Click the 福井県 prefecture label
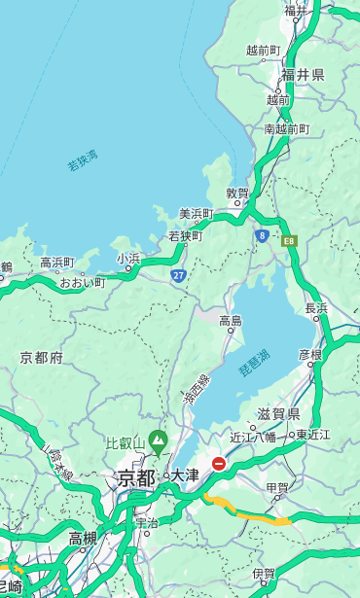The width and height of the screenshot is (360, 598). click(303, 75)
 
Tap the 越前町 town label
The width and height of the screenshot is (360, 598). click(264, 51)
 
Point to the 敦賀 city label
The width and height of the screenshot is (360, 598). click(237, 193)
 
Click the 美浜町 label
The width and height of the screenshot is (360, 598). click(197, 214)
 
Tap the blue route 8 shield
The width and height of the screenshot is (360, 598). click(262, 235)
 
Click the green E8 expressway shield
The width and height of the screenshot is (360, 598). click(288, 240)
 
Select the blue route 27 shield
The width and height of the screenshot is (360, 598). click(178, 276)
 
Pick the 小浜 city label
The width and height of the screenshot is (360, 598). click(128, 259)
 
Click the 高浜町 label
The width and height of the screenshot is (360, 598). click(56, 263)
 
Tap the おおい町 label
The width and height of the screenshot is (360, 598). click(82, 282)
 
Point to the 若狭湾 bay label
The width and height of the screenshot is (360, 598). click(83, 160)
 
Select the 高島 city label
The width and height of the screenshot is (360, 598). click(231, 320)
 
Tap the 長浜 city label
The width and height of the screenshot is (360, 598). click(316, 308)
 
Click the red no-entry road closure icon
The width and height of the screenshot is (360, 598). click(219, 465)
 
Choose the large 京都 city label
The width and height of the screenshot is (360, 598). click(136, 477)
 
